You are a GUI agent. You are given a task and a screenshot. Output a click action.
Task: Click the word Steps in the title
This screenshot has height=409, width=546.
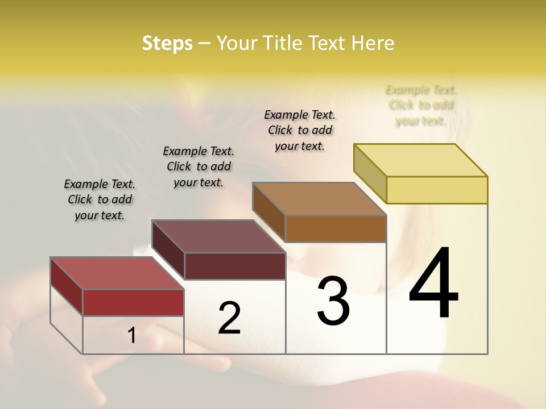[x=167, y=43]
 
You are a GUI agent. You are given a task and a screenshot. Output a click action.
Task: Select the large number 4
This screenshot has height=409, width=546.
[x=433, y=284]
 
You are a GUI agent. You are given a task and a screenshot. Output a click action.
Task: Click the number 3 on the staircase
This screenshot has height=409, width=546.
[x=333, y=301]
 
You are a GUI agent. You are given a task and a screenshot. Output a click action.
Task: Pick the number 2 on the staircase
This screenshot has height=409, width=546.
[x=230, y=318]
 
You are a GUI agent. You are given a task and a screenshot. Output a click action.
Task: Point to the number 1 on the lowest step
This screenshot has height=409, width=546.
[x=132, y=336]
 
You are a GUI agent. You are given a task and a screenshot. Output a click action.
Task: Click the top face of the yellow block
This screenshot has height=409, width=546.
[x=421, y=160]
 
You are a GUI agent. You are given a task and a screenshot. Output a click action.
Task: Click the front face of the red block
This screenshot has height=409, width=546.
[x=133, y=302]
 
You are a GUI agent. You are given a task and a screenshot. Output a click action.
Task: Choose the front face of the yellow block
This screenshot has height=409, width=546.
[x=437, y=190]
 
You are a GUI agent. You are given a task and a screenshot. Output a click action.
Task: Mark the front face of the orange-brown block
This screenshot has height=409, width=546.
[x=336, y=228]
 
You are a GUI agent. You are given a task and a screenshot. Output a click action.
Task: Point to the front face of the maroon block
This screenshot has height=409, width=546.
[x=235, y=266]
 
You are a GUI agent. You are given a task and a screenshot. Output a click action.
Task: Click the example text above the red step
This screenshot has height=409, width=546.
[x=100, y=199]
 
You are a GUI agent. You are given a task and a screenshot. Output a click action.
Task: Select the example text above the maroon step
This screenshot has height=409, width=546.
[x=198, y=166]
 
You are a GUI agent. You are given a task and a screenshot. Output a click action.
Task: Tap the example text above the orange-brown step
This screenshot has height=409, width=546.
[x=300, y=130]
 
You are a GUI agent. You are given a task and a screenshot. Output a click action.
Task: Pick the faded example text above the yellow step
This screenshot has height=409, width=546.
[x=421, y=105]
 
